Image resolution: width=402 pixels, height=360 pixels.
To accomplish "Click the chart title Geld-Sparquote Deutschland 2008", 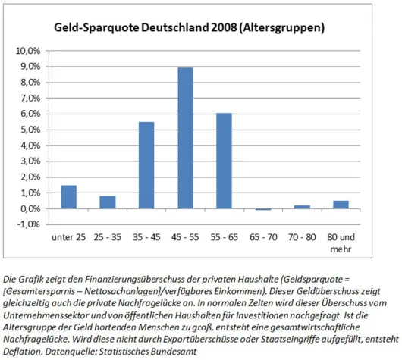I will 190,28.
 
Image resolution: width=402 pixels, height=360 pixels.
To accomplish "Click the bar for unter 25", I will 69,197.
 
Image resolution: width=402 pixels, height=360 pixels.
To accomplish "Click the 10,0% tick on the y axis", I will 30,51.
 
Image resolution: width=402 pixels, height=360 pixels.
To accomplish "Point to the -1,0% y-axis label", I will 30,224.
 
